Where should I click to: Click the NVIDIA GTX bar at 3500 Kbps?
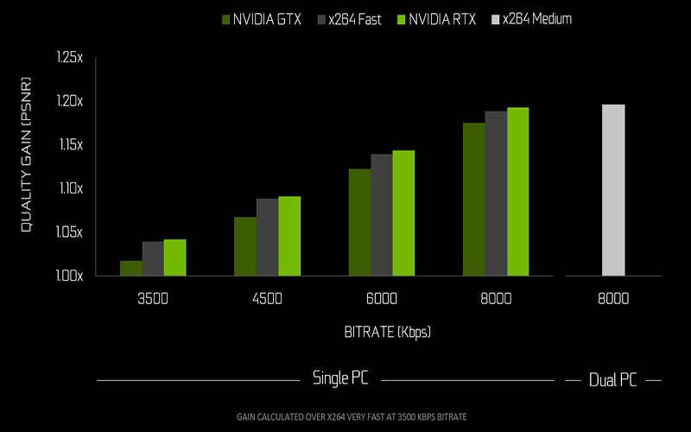(131, 269)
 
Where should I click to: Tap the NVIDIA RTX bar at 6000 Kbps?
(403, 213)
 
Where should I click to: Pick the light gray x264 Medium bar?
(613, 190)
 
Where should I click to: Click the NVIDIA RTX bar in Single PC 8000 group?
(517, 192)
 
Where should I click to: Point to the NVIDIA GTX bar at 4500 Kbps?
(245, 246)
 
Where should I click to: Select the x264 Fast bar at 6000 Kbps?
(382, 215)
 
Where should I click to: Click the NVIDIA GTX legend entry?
(262, 18)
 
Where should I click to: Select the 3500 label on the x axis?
(153, 299)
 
